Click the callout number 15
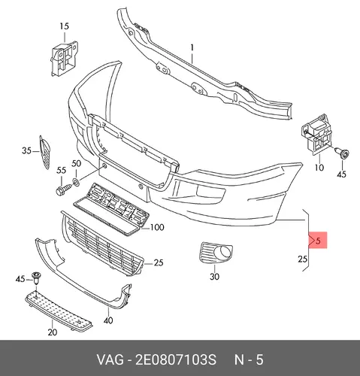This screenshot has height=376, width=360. click(65, 26)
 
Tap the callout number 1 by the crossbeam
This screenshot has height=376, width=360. click(192, 47)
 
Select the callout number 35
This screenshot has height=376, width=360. click(26, 150)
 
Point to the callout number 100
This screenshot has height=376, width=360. click(157, 227)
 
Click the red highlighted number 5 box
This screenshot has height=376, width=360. click(318, 240)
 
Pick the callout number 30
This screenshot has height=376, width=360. click(214, 277)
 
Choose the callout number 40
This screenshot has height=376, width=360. click(108, 320)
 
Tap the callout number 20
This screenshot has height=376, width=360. click(52, 332)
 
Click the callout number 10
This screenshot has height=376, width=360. click(319, 168)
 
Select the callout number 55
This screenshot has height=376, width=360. click(62, 171)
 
